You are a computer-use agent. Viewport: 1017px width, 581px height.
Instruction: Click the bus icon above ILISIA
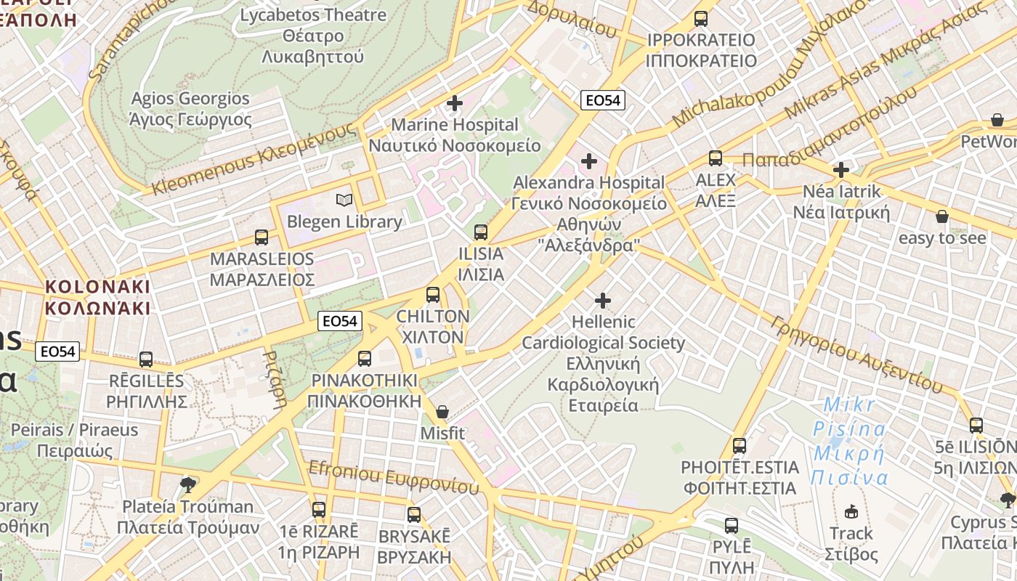[x=480, y=232]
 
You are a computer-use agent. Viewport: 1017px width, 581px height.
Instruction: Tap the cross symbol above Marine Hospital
[x=455, y=103]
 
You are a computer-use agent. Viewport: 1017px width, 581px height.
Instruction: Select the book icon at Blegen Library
[x=344, y=200]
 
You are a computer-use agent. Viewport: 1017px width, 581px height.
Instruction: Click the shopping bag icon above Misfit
[x=442, y=413]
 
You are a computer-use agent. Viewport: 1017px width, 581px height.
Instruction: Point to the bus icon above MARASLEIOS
[x=262, y=237]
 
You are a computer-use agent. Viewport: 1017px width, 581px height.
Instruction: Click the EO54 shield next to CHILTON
[x=340, y=321]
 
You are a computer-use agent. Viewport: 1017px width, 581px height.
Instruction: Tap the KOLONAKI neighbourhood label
[x=97, y=297]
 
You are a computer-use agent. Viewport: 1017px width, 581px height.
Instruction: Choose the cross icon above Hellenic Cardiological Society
[x=603, y=300]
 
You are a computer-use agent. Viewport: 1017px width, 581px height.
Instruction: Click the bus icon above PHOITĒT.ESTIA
[x=740, y=445]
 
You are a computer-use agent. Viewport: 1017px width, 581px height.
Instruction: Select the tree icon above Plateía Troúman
[x=188, y=484]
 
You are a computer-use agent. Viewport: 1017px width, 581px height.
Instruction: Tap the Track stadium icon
[x=851, y=512]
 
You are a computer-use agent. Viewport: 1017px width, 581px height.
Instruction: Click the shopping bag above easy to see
[x=942, y=216]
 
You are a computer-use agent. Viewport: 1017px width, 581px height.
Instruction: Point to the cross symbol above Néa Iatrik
[x=841, y=170]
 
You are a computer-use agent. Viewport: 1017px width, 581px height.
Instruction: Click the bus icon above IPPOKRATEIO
[x=701, y=19]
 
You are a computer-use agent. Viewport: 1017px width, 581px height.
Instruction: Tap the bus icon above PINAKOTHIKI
[x=365, y=359]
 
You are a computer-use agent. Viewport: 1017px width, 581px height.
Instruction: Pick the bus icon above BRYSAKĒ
[x=414, y=515]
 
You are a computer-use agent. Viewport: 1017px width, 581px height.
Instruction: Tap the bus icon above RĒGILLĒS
[x=146, y=359]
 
